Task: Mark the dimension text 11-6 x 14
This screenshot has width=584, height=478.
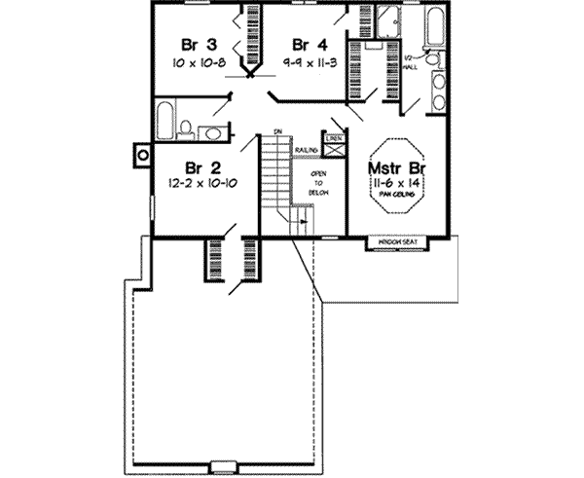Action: pyautogui.click(x=395, y=182)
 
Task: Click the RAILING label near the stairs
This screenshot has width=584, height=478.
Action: pyautogui.click(x=309, y=150)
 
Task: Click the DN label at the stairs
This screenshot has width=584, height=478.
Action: pyautogui.click(x=277, y=129)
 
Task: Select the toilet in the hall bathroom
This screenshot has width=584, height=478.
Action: pyautogui.click(x=185, y=124)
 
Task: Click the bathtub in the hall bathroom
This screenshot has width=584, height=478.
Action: pyautogui.click(x=164, y=119)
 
